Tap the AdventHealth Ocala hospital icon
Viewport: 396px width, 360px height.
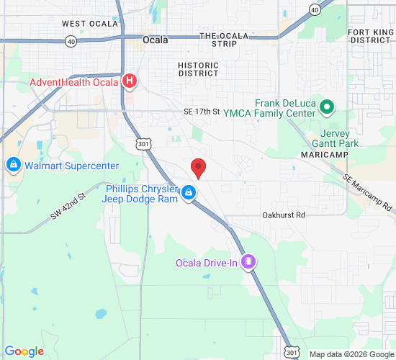coord(130,81)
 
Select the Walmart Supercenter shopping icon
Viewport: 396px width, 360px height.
coord(13,166)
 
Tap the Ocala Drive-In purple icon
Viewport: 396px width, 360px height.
coord(248,262)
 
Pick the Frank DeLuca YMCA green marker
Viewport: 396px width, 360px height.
coord(327,108)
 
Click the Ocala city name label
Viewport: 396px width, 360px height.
coord(156,40)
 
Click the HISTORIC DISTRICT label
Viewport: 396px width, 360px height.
coord(198,69)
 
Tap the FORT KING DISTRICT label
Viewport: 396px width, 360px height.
coord(370,36)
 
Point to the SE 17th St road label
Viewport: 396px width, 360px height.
coord(200,112)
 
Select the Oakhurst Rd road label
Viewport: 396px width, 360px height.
coord(284,215)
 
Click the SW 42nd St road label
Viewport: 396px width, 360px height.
coord(68,206)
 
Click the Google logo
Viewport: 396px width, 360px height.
coord(24,351)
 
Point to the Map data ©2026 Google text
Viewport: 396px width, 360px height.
coord(351,354)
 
